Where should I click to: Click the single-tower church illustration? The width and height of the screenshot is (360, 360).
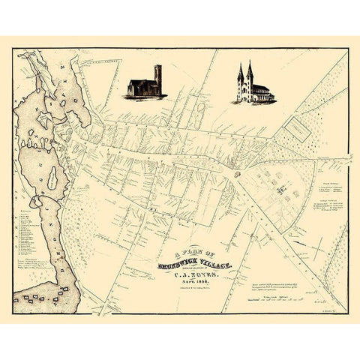point(145,83)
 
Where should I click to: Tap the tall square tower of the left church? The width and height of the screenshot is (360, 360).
point(156,78)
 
